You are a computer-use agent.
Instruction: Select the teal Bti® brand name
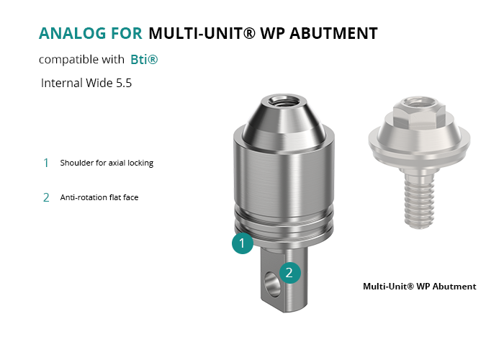pyautogui.click(x=144, y=60)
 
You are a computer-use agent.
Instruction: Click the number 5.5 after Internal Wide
pyautogui.click(x=124, y=83)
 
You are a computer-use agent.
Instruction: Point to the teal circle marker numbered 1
pyautogui.click(x=243, y=243)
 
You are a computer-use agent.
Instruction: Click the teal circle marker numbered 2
pyautogui.click(x=289, y=273)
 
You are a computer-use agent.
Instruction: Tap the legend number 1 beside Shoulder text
pyautogui.click(x=46, y=163)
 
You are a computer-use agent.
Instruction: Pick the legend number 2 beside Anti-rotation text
pyautogui.click(x=46, y=197)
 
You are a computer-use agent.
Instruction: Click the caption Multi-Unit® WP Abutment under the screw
pyautogui.click(x=420, y=287)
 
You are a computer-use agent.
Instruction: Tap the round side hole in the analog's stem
pyautogui.click(x=272, y=284)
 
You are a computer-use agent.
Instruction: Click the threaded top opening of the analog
pyautogui.click(x=282, y=102)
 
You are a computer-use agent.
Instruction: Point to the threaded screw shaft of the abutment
pyautogui.click(x=419, y=201)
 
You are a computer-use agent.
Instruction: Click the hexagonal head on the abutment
pyautogui.click(x=419, y=113)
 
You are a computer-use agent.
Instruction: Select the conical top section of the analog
pyautogui.click(x=283, y=122)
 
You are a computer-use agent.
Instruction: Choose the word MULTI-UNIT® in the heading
pyautogui.click(x=202, y=33)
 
